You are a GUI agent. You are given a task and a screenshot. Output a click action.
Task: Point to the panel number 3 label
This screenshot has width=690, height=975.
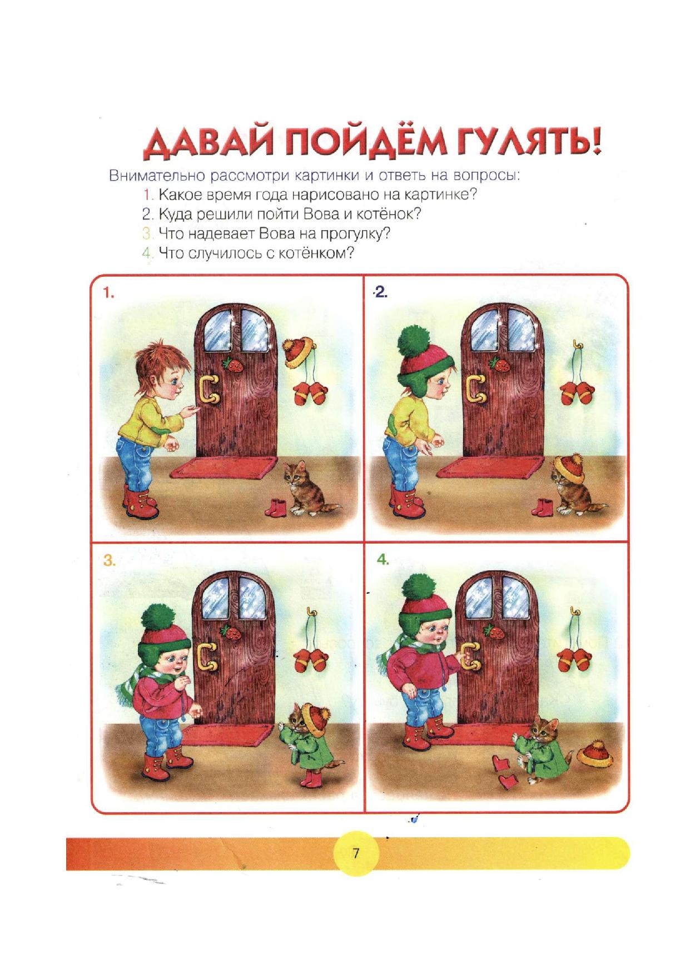click(x=110, y=561)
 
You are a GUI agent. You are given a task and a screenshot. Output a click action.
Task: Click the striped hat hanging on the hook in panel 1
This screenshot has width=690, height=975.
click(x=299, y=351)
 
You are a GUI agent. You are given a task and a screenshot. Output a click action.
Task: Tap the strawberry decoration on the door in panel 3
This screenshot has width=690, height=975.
click(x=227, y=632)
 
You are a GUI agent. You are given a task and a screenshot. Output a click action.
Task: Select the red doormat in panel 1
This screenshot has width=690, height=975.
click(x=224, y=467)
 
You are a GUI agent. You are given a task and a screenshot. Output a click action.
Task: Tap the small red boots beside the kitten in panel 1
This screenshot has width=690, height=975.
click(x=276, y=508)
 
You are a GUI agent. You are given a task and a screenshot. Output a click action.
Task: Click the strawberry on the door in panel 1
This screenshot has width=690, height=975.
click(x=230, y=364)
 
